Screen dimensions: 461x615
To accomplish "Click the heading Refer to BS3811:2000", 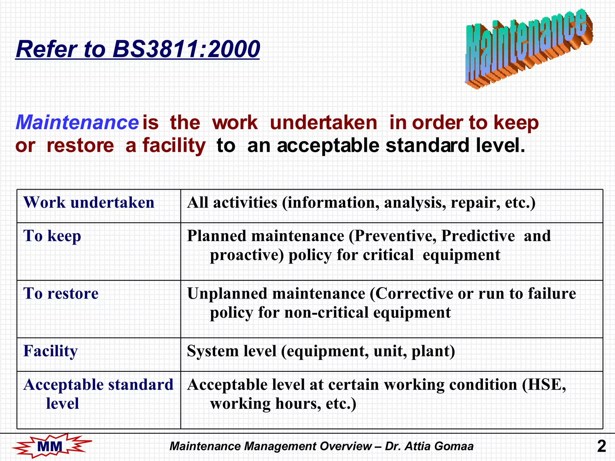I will click(138, 49).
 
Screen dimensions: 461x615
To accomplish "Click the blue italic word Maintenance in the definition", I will click(77, 122).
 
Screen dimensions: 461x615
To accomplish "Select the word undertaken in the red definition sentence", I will click(323, 122).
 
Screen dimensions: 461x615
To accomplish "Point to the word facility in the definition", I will click(174, 146).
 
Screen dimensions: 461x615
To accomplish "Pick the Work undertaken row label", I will click(89, 202).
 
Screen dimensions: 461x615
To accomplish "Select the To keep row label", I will click(52, 236).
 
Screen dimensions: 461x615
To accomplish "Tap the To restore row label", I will click(61, 293).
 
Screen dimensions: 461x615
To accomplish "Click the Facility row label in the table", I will click(50, 351).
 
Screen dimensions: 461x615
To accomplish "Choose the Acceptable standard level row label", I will click(98, 393).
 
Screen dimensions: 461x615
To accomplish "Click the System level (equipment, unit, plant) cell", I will click(321, 351).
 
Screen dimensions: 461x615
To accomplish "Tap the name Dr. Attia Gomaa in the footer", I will click(429, 446).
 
